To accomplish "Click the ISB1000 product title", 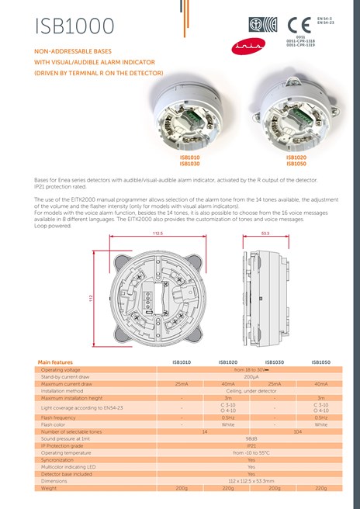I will [74, 26].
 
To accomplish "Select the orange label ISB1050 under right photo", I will [296, 163].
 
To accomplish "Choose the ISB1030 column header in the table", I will [275, 362].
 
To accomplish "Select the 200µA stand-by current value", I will [251, 376].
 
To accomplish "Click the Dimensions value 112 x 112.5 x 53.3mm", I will [251, 481].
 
